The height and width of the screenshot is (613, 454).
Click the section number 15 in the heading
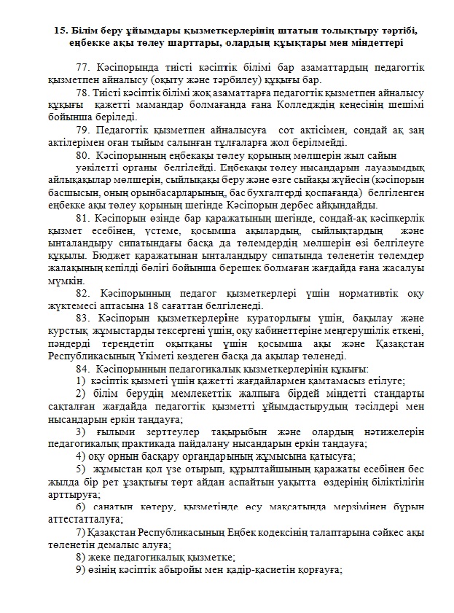pyautogui.click(x=60, y=31)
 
